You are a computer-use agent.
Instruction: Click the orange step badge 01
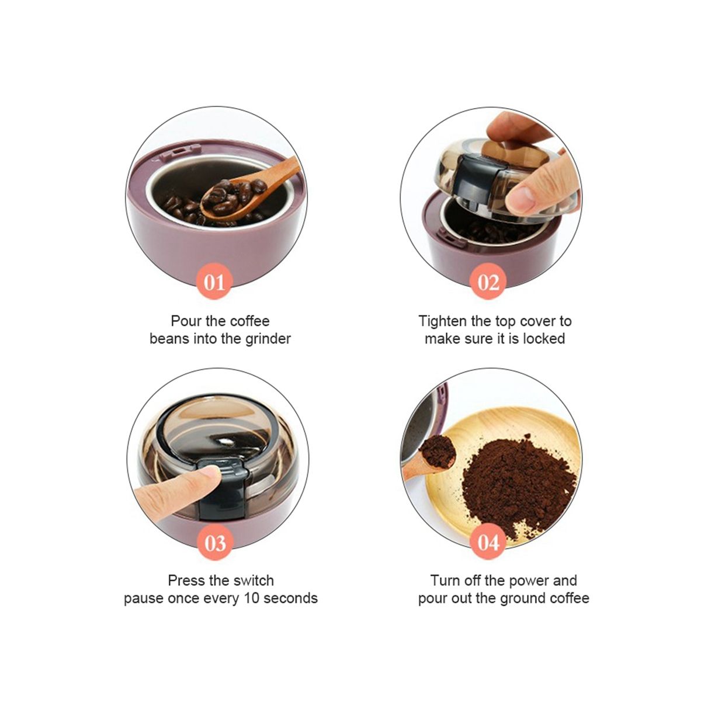coord(214,282)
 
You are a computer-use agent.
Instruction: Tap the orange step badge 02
coord(488,282)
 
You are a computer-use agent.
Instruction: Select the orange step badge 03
coord(215,542)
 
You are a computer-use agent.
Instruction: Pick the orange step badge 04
coord(488,542)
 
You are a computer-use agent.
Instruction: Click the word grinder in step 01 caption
coord(268,339)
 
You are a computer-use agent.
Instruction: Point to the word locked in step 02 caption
coord(544,339)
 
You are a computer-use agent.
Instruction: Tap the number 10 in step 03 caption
coord(252,598)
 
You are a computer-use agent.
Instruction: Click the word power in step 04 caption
coord(528,581)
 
